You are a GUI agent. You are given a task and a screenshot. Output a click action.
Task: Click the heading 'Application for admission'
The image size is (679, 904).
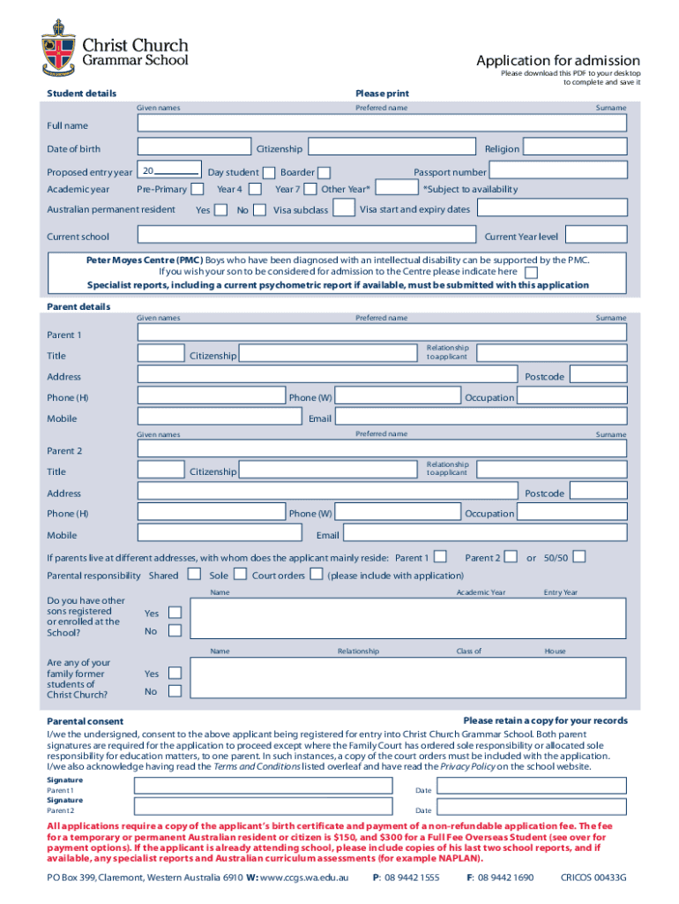(x=558, y=60)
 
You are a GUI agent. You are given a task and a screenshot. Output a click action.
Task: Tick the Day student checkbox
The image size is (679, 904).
(x=269, y=172)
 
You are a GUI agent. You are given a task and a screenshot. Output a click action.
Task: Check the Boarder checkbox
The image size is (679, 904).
(x=325, y=172)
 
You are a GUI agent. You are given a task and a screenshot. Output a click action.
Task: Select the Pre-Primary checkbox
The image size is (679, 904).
(x=198, y=188)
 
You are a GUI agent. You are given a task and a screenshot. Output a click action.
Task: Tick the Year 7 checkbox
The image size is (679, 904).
(x=310, y=188)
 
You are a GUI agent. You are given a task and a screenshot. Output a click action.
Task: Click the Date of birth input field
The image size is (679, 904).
(x=195, y=148)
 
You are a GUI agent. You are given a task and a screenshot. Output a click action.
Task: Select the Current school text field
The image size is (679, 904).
(x=309, y=236)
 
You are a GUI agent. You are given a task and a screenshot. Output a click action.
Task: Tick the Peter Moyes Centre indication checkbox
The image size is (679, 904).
(x=531, y=272)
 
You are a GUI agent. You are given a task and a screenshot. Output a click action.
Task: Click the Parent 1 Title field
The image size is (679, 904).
(x=161, y=354)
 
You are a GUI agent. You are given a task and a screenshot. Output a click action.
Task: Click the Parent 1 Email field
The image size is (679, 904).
(x=481, y=418)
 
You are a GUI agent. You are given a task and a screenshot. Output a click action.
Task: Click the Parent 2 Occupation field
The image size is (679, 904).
(x=572, y=513)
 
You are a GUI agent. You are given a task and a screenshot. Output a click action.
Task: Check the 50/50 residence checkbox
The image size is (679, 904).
(x=579, y=556)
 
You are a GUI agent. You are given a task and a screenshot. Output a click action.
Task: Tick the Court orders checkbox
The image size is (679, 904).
(x=316, y=575)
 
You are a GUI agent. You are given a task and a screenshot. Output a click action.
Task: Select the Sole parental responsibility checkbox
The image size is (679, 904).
(x=240, y=575)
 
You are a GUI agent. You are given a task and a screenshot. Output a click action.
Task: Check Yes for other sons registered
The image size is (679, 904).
(x=175, y=612)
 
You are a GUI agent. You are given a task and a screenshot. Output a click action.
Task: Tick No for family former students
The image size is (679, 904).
(x=175, y=691)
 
